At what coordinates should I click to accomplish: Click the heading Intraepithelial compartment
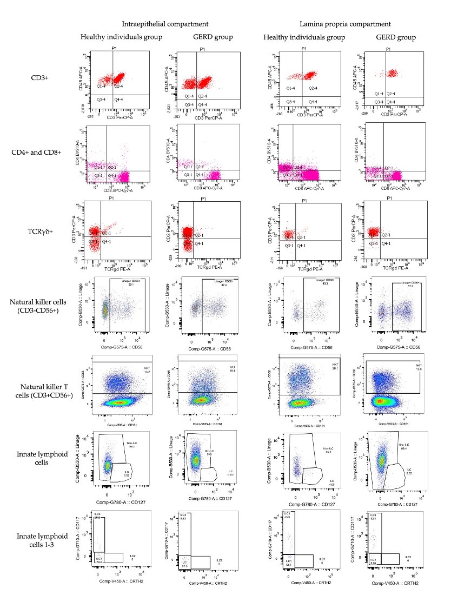pos(165,24)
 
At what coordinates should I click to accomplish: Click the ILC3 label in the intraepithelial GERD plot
pos(183,514)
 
